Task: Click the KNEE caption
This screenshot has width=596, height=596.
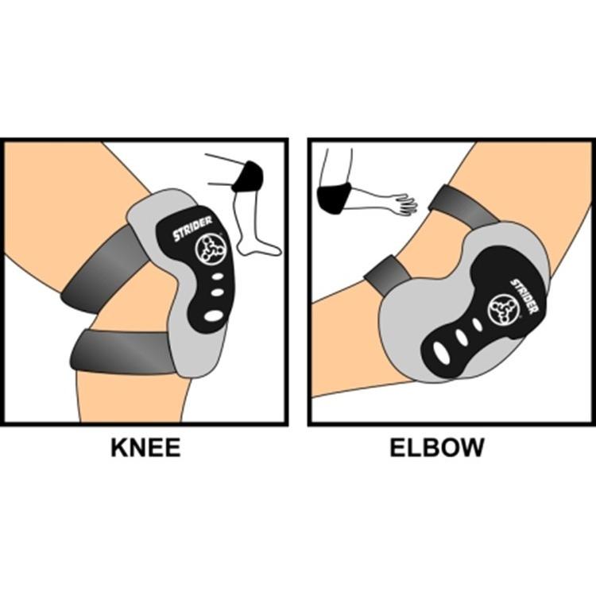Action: coord(145,447)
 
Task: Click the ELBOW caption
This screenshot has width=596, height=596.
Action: coord(437,447)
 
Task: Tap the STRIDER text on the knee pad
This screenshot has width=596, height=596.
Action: coord(193,229)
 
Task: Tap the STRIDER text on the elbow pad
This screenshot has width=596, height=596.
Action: coord(524,296)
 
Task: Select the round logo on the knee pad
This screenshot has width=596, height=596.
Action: coord(208,249)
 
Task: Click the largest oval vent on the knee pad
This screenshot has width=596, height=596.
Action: coord(214,315)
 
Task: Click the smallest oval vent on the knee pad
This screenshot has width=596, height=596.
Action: coord(217,277)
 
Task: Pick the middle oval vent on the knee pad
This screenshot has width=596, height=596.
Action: coord(217,292)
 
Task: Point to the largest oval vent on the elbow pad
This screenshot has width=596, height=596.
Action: coord(441,351)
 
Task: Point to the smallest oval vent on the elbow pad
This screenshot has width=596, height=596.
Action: coord(477,324)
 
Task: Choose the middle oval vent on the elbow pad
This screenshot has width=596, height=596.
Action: coord(462,337)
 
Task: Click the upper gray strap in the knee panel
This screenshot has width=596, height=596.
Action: coord(102,270)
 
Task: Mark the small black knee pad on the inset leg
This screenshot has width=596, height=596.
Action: coord(247,176)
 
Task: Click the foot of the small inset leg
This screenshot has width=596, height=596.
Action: coord(258,246)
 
